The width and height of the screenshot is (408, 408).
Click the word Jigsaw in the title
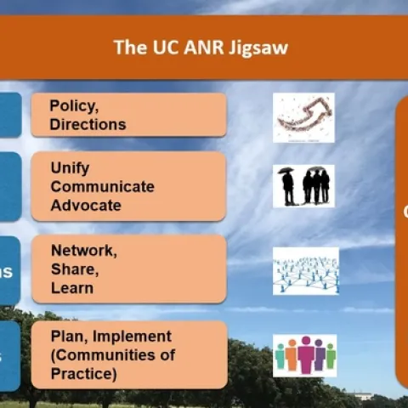(261, 47)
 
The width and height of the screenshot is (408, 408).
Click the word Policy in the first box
(72, 105)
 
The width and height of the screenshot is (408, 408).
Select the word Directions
(88, 124)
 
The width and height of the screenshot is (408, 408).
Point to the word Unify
(70, 167)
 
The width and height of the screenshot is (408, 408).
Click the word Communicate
(102, 186)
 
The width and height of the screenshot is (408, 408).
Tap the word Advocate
(86, 205)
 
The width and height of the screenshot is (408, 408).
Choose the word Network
(82, 251)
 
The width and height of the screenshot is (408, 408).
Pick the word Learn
(71, 287)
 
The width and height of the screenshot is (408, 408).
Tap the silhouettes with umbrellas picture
(303, 185)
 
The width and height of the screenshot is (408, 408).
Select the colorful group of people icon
(304, 355)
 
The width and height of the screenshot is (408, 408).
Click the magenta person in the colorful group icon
(305, 354)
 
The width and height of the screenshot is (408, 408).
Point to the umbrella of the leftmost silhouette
(286, 170)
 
